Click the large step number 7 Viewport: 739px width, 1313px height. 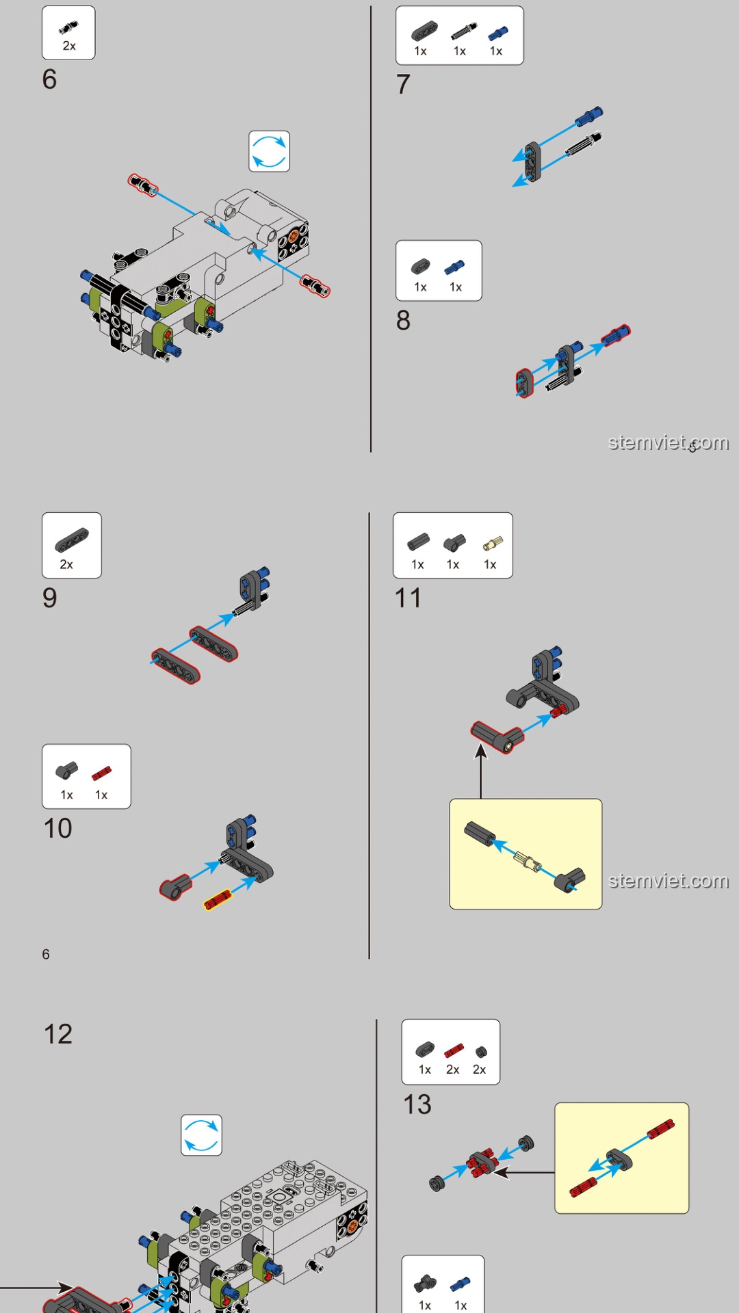pos(403,85)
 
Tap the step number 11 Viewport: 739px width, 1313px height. pos(408,598)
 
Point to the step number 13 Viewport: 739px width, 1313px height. pos(417,1104)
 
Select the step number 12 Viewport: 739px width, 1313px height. pos(57,1034)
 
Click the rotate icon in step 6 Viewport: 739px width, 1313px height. pos(269,151)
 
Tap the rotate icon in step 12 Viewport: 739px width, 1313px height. pos(201,1135)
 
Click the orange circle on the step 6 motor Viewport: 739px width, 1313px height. pos(293,235)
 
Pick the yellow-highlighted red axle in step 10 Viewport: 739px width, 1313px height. pos(218,900)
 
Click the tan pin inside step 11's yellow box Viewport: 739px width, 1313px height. pos(528,861)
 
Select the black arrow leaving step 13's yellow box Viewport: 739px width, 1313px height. pos(524,1173)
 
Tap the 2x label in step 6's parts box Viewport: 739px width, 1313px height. pos(69,46)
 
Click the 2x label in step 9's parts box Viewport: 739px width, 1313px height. pos(66,564)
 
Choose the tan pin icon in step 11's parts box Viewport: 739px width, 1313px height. pos(493,544)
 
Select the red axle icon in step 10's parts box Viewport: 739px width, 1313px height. pos(101,773)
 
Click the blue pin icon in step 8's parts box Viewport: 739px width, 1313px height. pos(454,267)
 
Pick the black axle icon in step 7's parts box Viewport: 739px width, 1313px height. pos(463,31)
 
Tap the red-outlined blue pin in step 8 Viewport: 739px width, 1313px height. pos(616,334)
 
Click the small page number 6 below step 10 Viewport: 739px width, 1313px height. pos(46,954)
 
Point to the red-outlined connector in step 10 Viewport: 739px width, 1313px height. pos(176,887)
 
